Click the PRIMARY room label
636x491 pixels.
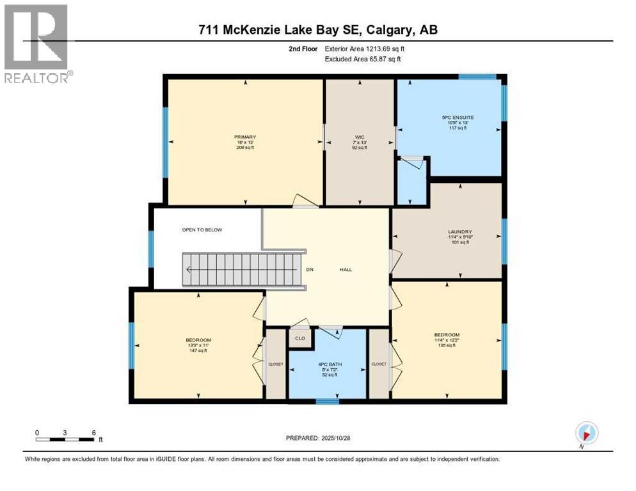(x=245, y=137)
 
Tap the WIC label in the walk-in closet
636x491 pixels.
(x=360, y=137)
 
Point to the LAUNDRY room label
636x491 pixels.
(x=460, y=231)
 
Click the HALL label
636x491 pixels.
(x=346, y=269)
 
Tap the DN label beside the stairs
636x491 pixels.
(x=310, y=269)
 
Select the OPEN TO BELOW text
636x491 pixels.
(x=202, y=230)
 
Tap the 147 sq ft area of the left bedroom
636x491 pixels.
(x=198, y=351)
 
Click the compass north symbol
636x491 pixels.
(x=586, y=432)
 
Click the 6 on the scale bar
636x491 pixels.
(x=93, y=432)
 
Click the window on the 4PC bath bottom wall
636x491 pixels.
(x=328, y=401)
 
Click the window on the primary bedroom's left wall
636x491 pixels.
(x=165, y=141)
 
